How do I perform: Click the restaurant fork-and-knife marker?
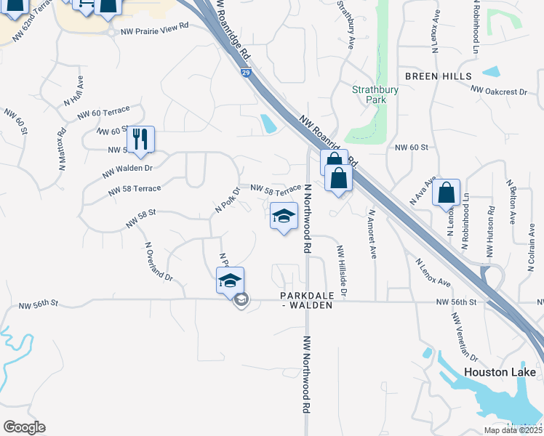[x=140, y=138]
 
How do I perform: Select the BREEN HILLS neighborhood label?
[x=438, y=76]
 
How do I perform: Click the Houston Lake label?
[x=500, y=373]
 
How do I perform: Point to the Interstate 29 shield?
[x=247, y=73]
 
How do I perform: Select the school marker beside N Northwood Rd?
[x=284, y=216]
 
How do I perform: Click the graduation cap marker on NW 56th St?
[x=230, y=280]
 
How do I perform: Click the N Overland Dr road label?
[x=159, y=262]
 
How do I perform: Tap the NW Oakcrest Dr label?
[x=498, y=91]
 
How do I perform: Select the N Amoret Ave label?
[x=372, y=235]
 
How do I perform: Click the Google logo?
[x=24, y=427]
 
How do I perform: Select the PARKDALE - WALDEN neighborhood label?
[x=307, y=300]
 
